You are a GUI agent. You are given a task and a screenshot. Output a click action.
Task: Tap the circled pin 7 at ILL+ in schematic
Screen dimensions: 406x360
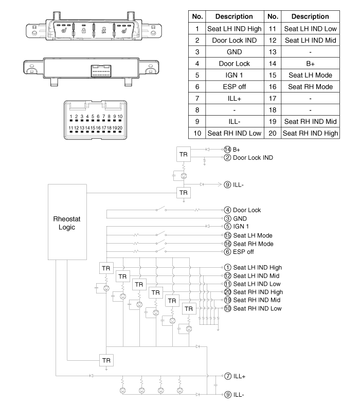pos(227,376)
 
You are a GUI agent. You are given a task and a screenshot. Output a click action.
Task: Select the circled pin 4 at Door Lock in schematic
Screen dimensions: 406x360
pos(227,210)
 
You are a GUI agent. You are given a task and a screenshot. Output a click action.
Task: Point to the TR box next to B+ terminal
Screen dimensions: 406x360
pos(183,154)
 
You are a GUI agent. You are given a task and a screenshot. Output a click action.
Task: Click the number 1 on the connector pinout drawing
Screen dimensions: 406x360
pos(70,117)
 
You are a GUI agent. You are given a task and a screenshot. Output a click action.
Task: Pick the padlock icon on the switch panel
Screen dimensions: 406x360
pos(83,31)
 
